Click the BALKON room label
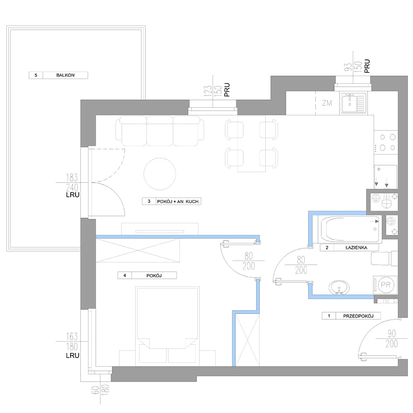[x=65, y=75]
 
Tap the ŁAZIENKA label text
[x=356, y=247]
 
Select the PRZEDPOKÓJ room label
[x=358, y=316]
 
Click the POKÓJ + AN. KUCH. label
[x=178, y=202]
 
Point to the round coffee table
[x=159, y=174]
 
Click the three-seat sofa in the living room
[x=160, y=131]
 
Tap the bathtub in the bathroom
[x=350, y=229]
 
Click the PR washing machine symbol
[x=385, y=285]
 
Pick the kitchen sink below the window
[x=353, y=103]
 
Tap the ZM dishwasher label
[x=327, y=103]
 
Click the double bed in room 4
[x=167, y=326]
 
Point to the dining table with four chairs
[x=251, y=144]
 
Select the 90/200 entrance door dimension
[x=392, y=339]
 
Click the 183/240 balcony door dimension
[x=72, y=183]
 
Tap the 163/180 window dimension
[x=72, y=342]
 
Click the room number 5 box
[x=36, y=75]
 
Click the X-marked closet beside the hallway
[x=247, y=340]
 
